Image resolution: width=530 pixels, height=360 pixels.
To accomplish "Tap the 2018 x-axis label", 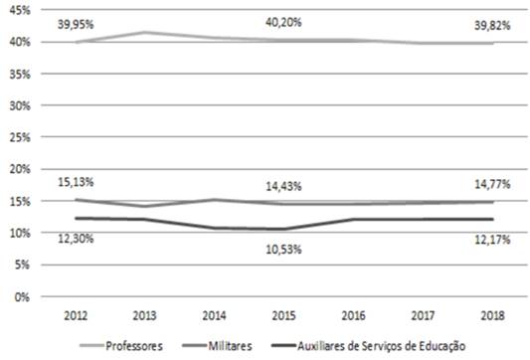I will click(492, 316).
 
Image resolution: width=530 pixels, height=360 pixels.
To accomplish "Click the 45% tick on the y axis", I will click(19, 10).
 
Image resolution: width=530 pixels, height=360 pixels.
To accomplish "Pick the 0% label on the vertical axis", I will click(22, 296).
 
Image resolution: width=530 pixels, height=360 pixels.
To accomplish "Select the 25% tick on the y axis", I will click(19, 137).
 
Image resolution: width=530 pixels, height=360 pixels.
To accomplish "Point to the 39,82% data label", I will click(492, 26).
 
